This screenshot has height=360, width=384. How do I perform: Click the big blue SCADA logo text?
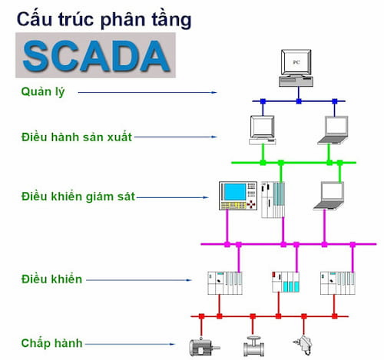pyautogui.click(x=96, y=56)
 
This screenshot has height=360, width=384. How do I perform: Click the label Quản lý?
pyautogui.click(x=43, y=92)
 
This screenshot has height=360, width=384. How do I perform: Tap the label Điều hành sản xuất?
pyautogui.click(x=77, y=137)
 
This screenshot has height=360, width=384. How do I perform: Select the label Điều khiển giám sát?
pyautogui.click(x=78, y=197)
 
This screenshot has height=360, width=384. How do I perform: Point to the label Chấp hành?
pyautogui.click(x=51, y=343)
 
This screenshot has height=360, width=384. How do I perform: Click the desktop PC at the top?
pyautogui.click(x=296, y=68)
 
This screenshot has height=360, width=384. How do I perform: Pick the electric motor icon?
pyautogui.click(x=204, y=347)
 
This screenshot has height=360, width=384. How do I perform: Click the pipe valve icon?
pyautogui.click(x=253, y=346)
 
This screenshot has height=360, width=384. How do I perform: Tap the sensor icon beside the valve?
pyautogui.click(x=303, y=345)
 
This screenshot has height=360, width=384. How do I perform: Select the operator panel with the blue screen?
pyautogui.click(x=238, y=196)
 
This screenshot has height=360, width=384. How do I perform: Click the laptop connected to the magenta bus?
pyautogui.click(x=329, y=196)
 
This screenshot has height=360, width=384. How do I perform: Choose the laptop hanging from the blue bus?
pyautogui.click(x=333, y=130)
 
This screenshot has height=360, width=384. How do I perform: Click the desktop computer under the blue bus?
pyautogui.click(x=263, y=130)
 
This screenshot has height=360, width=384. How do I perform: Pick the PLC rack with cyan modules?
pyautogui.click(x=286, y=282)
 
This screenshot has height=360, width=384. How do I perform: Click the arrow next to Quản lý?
pyautogui.click(x=147, y=92)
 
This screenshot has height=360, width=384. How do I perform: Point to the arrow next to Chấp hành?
pyautogui.click(x=130, y=344)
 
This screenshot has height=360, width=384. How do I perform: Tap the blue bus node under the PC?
pyautogui.click(x=299, y=101)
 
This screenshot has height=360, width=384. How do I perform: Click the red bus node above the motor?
pyautogui.click(x=201, y=316)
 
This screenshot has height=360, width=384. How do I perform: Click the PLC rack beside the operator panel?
pyautogui.click(x=273, y=200)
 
